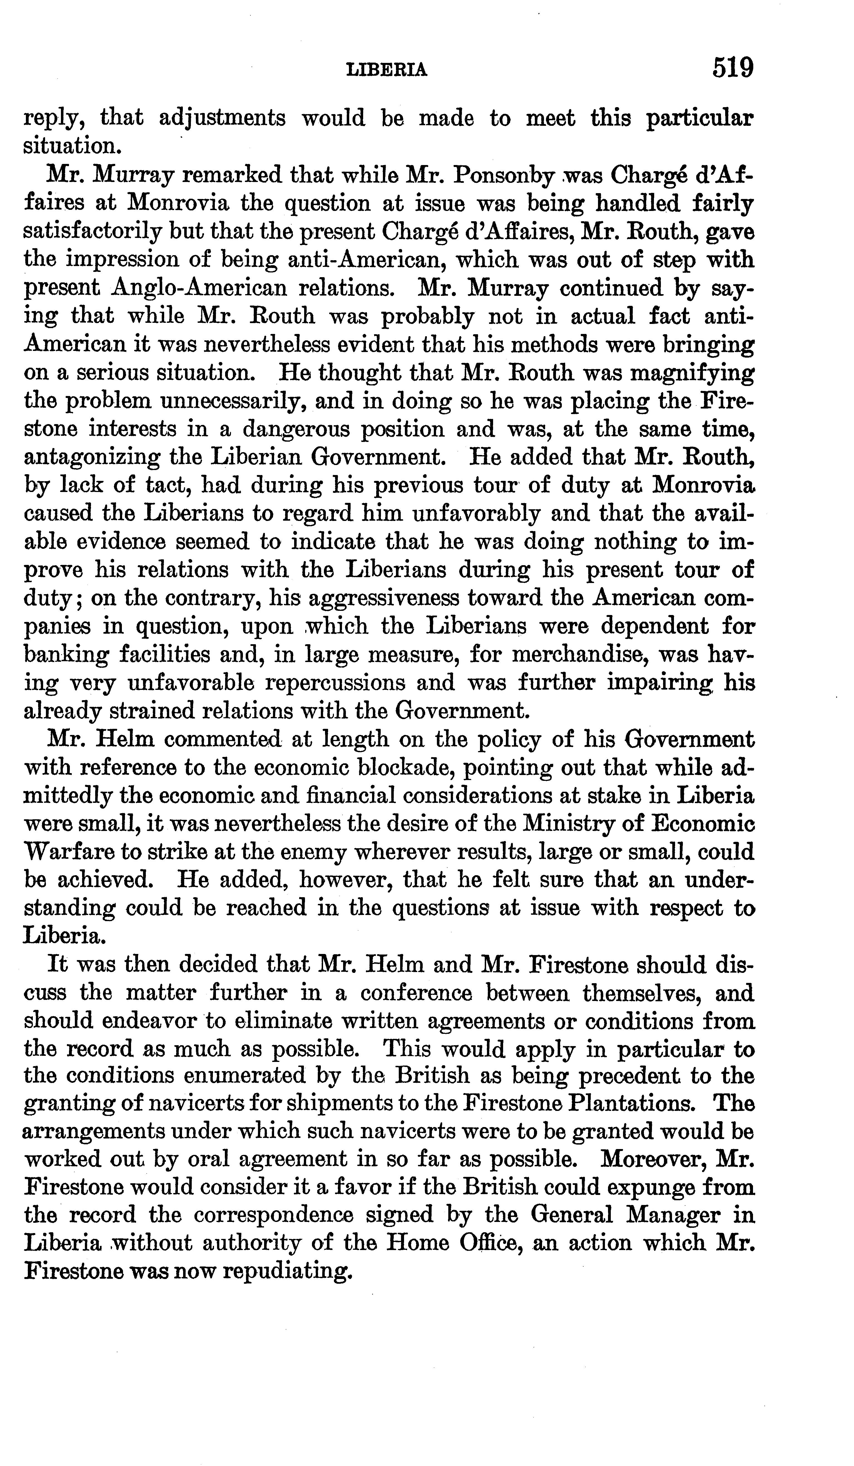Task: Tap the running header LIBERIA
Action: coord(387,70)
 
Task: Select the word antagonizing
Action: coord(92,457)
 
